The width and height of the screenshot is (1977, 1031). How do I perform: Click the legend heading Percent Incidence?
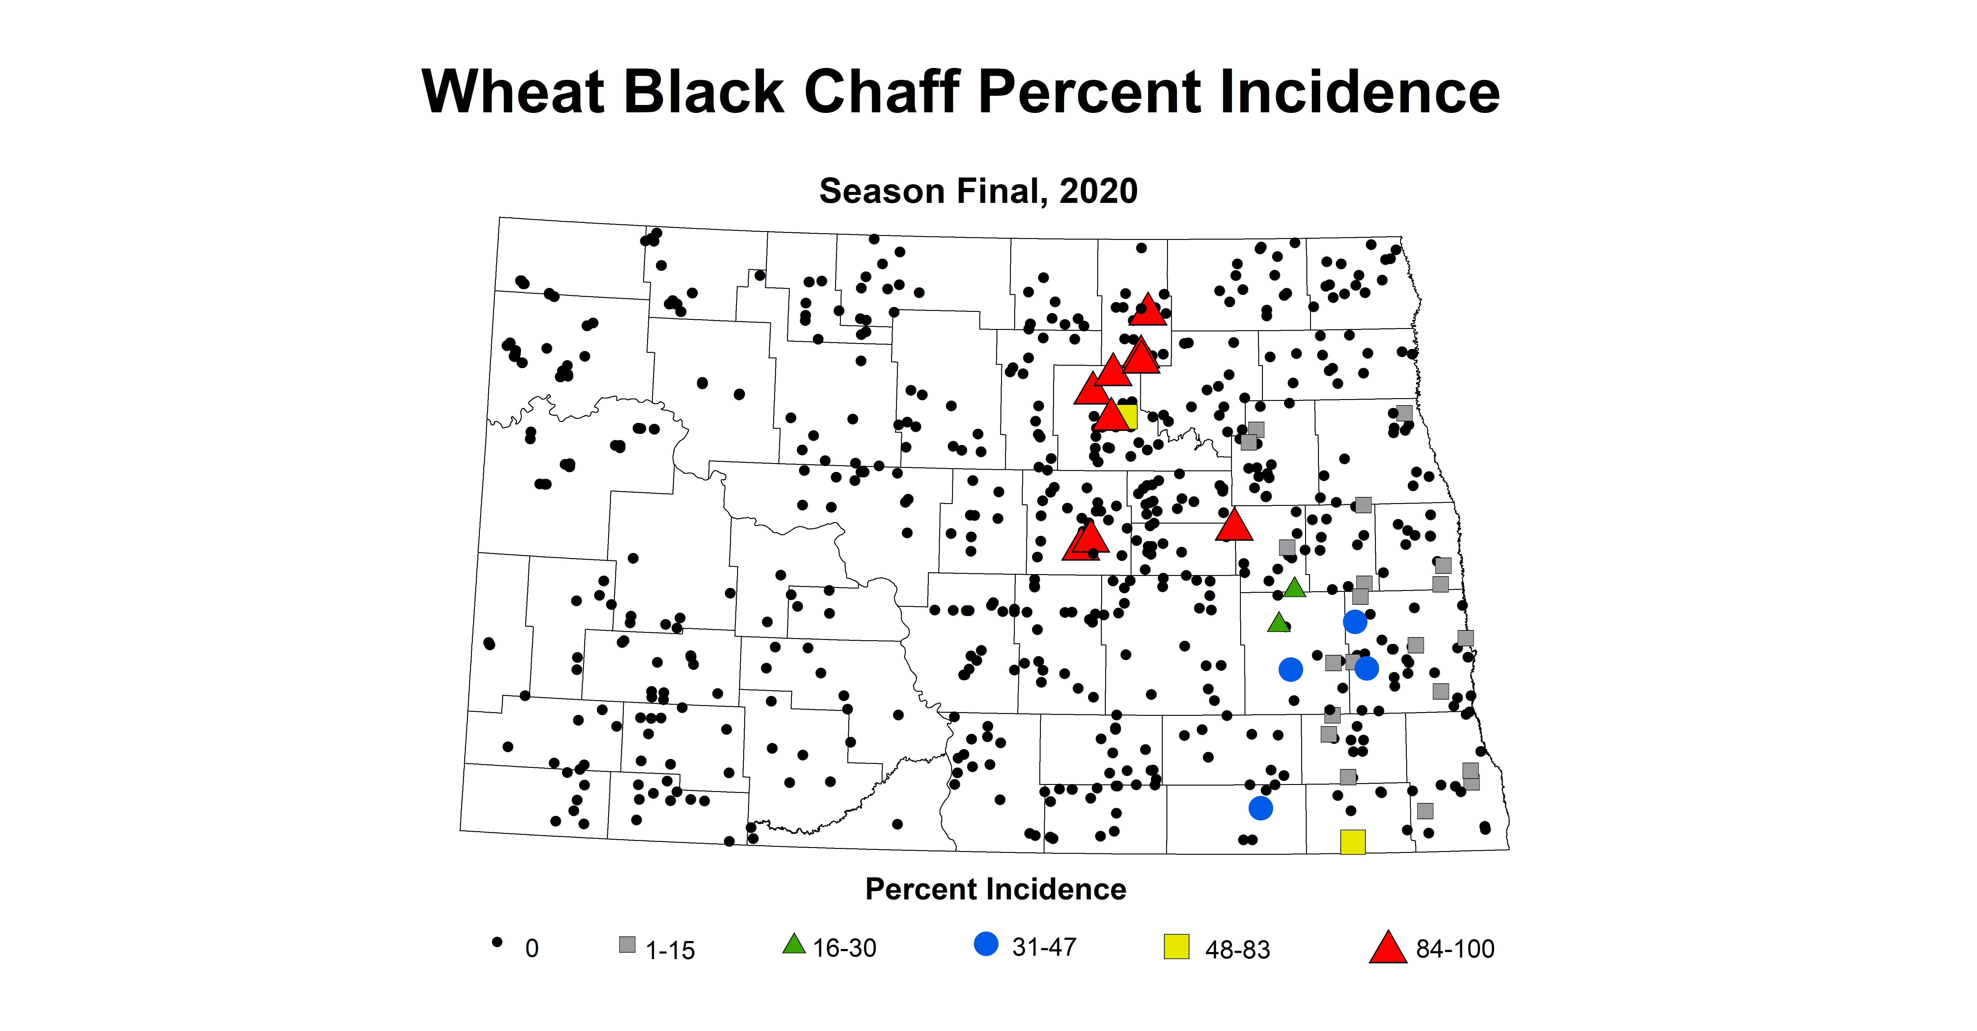coord(996,889)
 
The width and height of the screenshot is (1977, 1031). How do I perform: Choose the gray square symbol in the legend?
coord(627,944)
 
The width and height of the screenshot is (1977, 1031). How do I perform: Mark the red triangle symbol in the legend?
coord(1388,947)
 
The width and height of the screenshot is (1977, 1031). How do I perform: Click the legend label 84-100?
coord(1455,949)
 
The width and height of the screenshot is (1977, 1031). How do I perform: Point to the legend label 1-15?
coord(670,951)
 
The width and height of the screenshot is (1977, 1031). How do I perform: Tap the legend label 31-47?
coord(1044,947)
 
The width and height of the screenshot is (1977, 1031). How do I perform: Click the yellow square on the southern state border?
coord(1352,842)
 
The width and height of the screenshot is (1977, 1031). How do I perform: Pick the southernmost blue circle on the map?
coord(1260,808)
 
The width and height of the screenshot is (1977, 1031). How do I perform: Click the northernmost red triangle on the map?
coord(1148,310)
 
